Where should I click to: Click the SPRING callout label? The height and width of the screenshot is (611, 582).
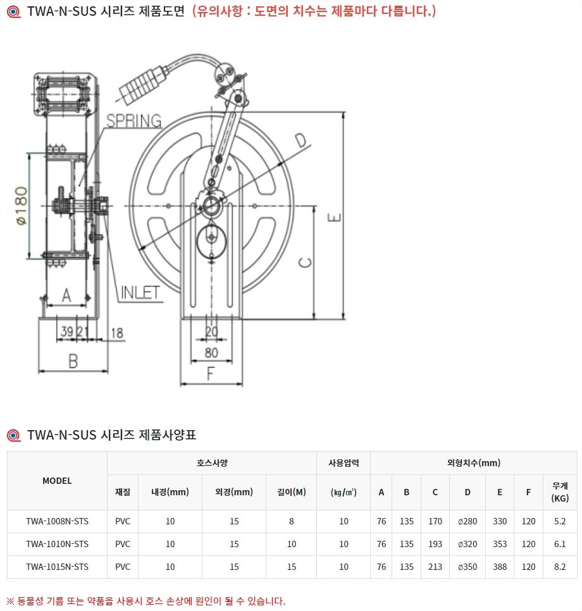pyautogui.click(x=134, y=121)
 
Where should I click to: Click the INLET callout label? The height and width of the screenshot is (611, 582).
pyautogui.click(x=140, y=293)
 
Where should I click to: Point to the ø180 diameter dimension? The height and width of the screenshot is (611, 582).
pyautogui.click(x=22, y=206)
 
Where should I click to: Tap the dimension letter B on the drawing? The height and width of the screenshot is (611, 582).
pyautogui.click(x=73, y=361)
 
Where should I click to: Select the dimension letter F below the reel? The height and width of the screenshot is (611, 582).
pyautogui.click(x=211, y=374)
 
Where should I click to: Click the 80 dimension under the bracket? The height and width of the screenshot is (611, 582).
pyautogui.click(x=211, y=353)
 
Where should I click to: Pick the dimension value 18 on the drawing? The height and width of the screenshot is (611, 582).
pyautogui.click(x=117, y=333)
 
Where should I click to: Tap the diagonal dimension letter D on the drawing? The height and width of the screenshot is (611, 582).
pyautogui.click(x=301, y=140)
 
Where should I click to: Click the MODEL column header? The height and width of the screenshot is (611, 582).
pyautogui.click(x=57, y=481)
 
